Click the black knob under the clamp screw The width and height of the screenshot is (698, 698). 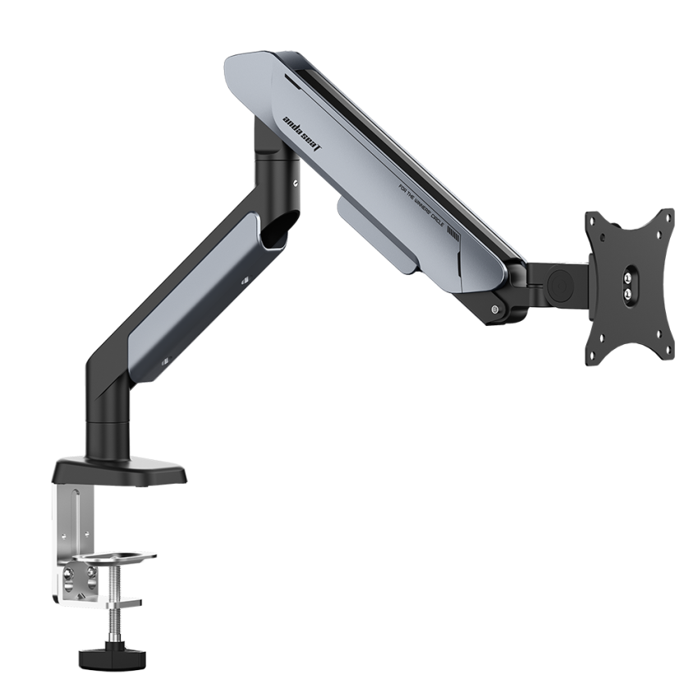[x=98, y=657]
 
